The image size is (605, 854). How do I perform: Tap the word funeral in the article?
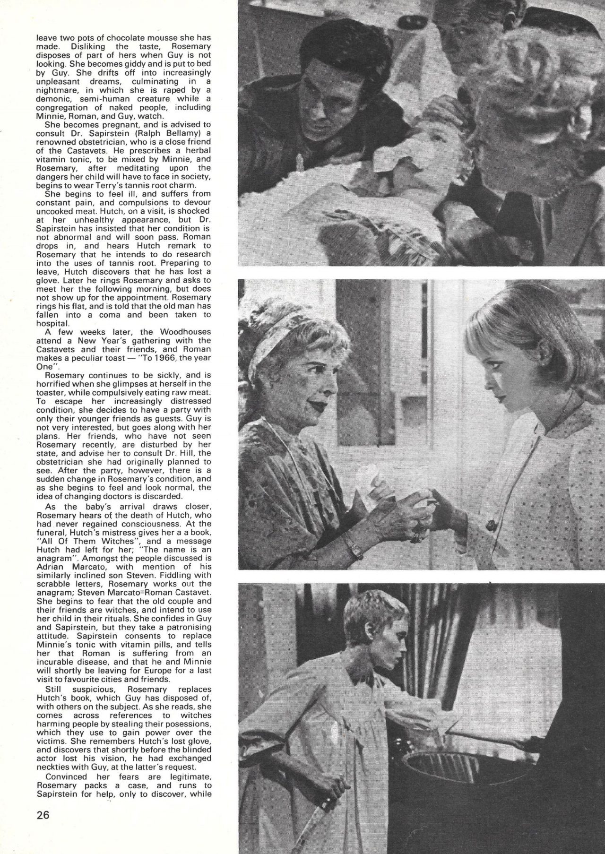[x=52, y=534]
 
